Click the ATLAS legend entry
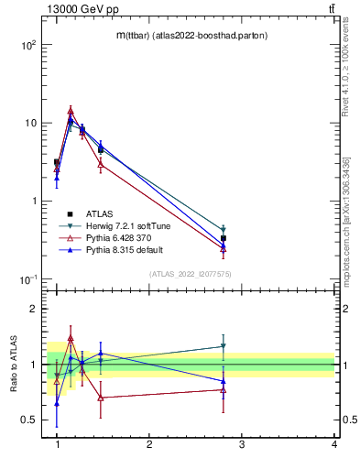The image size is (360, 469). (100, 213)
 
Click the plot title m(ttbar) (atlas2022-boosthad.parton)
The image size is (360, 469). (189, 35)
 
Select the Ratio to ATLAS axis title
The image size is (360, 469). (14, 365)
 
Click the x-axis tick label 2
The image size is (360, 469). (149, 444)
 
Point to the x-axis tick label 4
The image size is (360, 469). (333, 444)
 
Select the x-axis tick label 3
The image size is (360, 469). (242, 444)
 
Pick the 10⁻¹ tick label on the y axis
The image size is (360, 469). (28, 279)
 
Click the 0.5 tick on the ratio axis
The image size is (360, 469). (27, 420)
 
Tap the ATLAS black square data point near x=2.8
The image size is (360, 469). (224, 238)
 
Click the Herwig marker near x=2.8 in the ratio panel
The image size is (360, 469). (224, 346)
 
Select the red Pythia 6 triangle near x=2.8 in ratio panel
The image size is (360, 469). (224, 389)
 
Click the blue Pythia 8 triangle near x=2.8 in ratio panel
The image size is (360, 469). (224, 381)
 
